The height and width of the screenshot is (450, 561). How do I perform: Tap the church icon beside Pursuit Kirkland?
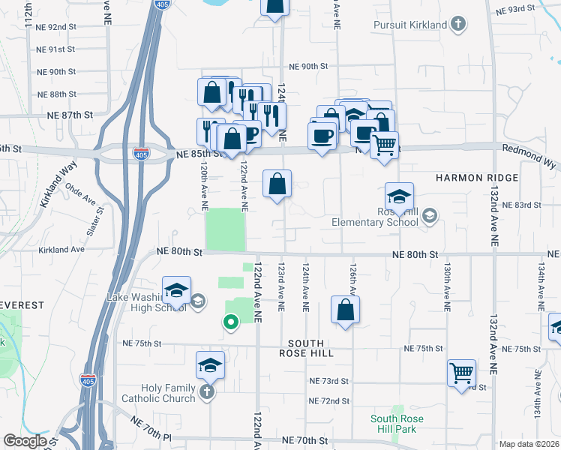[x=457, y=25]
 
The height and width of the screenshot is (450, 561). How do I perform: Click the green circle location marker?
[x=231, y=322]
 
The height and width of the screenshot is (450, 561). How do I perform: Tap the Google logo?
[x=25, y=441]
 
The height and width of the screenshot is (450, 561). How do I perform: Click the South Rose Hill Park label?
[x=397, y=424]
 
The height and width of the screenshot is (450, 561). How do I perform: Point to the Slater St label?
[x=94, y=224]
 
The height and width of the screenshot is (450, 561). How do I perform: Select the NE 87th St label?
[x=69, y=115]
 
